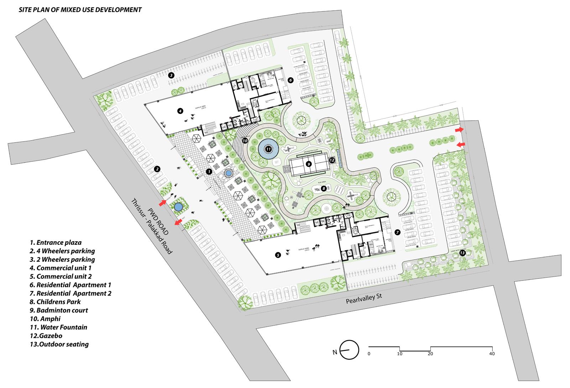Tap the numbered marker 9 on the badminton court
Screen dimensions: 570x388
(309, 164)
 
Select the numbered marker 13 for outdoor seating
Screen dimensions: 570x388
(462, 253)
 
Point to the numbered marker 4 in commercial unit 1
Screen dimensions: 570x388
(180, 111)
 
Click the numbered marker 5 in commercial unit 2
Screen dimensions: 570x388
(278, 255)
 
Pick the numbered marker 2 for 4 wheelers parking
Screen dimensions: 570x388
(156, 169)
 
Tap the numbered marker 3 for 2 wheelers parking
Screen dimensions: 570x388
(171, 75)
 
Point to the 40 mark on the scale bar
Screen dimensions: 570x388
(492, 354)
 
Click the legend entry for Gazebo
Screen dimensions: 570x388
(41, 336)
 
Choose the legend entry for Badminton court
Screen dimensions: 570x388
(59, 310)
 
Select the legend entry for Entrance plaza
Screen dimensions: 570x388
(56, 242)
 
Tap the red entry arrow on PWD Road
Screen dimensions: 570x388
(162, 203)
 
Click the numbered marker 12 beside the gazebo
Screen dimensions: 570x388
(332, 160)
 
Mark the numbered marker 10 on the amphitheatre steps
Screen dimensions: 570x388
(245, 141)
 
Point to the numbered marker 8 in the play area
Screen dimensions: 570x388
(324, 188)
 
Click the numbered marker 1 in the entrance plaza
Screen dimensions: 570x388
(209, 172)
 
